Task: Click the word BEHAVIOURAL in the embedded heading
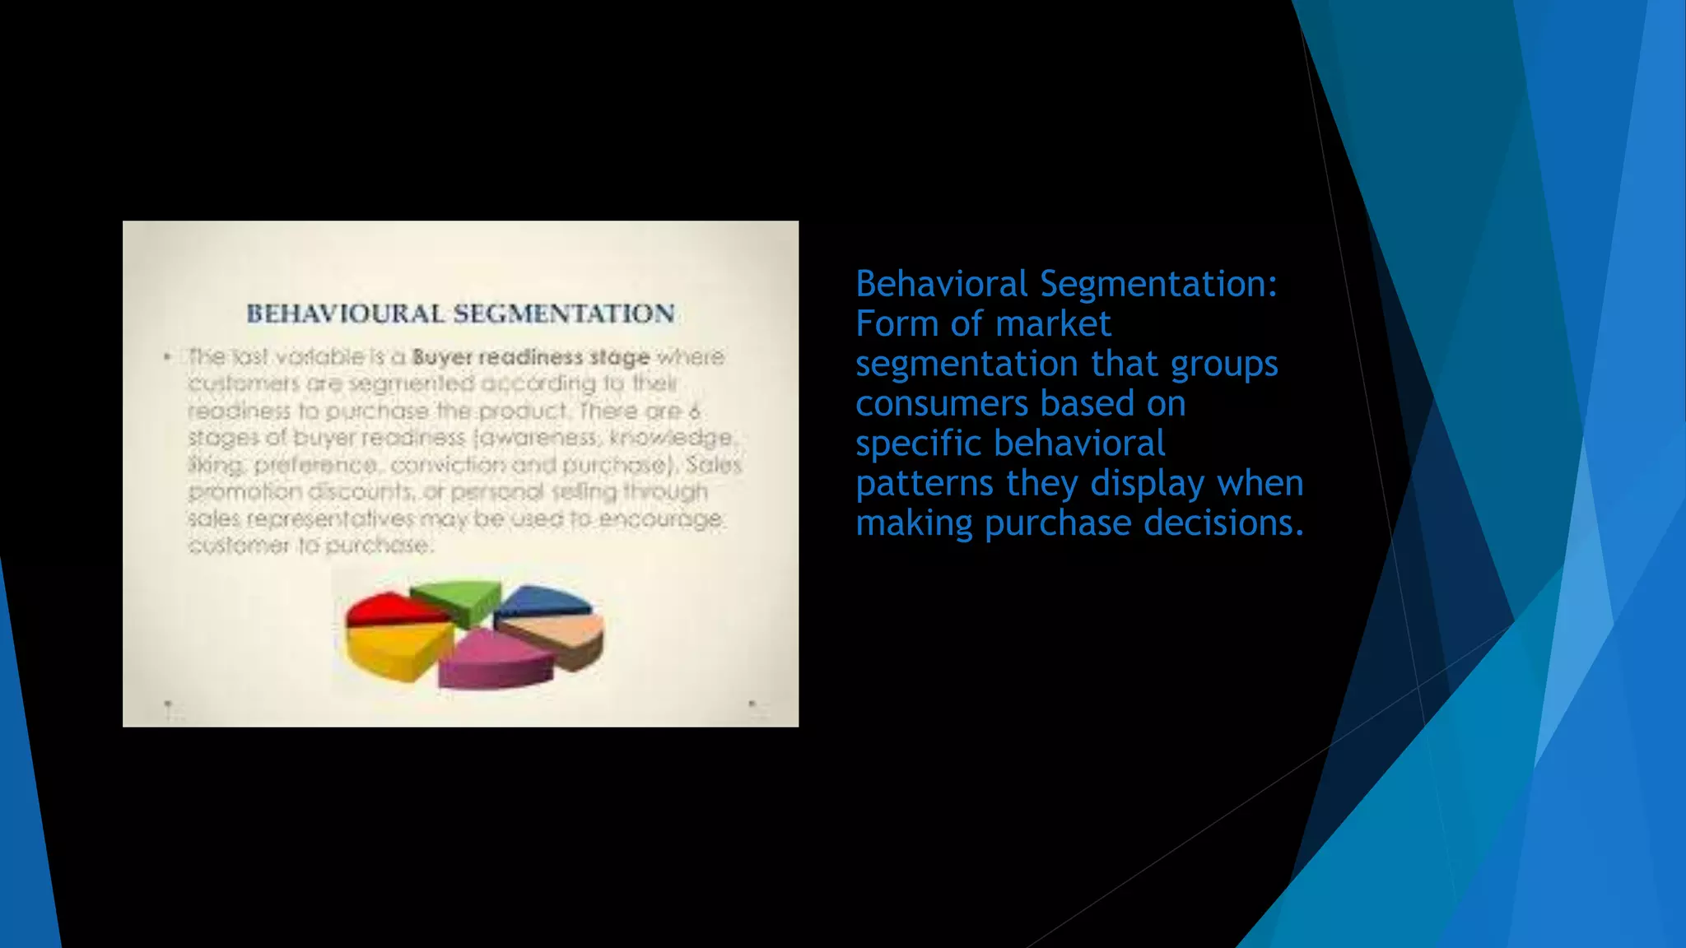coord(346,314)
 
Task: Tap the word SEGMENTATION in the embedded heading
coord(564,314)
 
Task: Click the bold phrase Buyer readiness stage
coord(531,357)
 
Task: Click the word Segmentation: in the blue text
coord(1159,284)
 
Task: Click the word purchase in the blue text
coord(1058,523)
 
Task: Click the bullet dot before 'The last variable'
coord(168,356)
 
